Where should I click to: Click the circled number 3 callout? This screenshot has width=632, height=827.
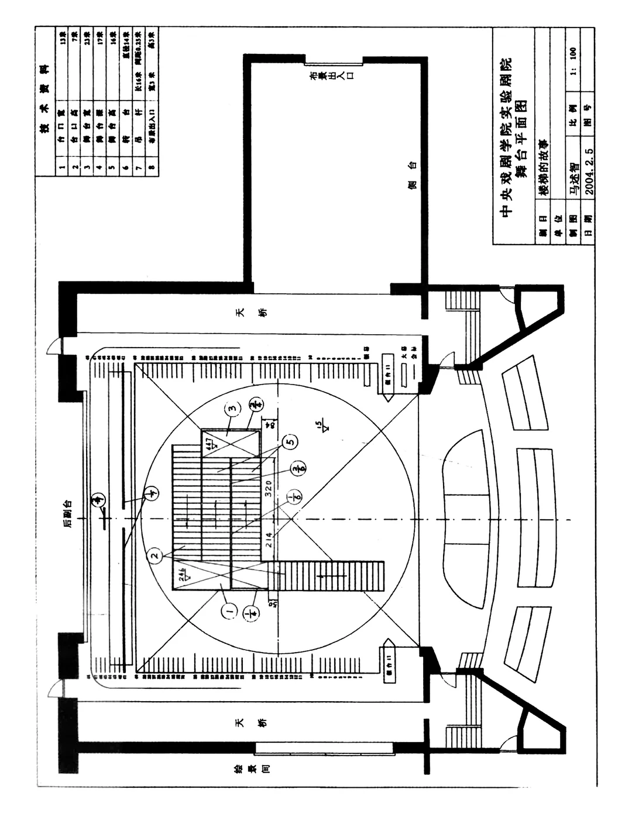(x=232, y=409)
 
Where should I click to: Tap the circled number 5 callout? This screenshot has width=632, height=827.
(x=289, y=442)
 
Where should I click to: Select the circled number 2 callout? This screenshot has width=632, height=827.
(x=154, y=555)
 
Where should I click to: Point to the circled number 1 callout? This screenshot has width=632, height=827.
(x=229, y=612)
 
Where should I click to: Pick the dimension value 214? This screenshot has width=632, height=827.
(x=269, y=540)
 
